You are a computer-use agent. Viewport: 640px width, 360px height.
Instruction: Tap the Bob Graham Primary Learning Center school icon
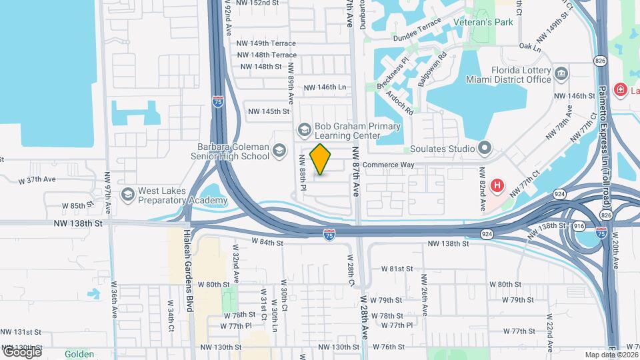tap(305, 128)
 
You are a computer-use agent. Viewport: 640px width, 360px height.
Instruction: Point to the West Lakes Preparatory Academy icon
tap(127, 194)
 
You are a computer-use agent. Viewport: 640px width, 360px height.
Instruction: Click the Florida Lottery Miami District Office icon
tap(561, 72)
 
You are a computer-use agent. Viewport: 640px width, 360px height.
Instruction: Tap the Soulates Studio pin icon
tap(485, 147)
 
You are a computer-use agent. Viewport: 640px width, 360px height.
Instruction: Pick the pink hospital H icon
tap(497, 185)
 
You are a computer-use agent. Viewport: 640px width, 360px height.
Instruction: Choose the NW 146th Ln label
tap(325, 87)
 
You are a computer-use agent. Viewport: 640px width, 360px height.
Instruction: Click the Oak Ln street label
tap(529, 47)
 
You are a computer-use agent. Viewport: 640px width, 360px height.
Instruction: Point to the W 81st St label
tap(397, 268)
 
